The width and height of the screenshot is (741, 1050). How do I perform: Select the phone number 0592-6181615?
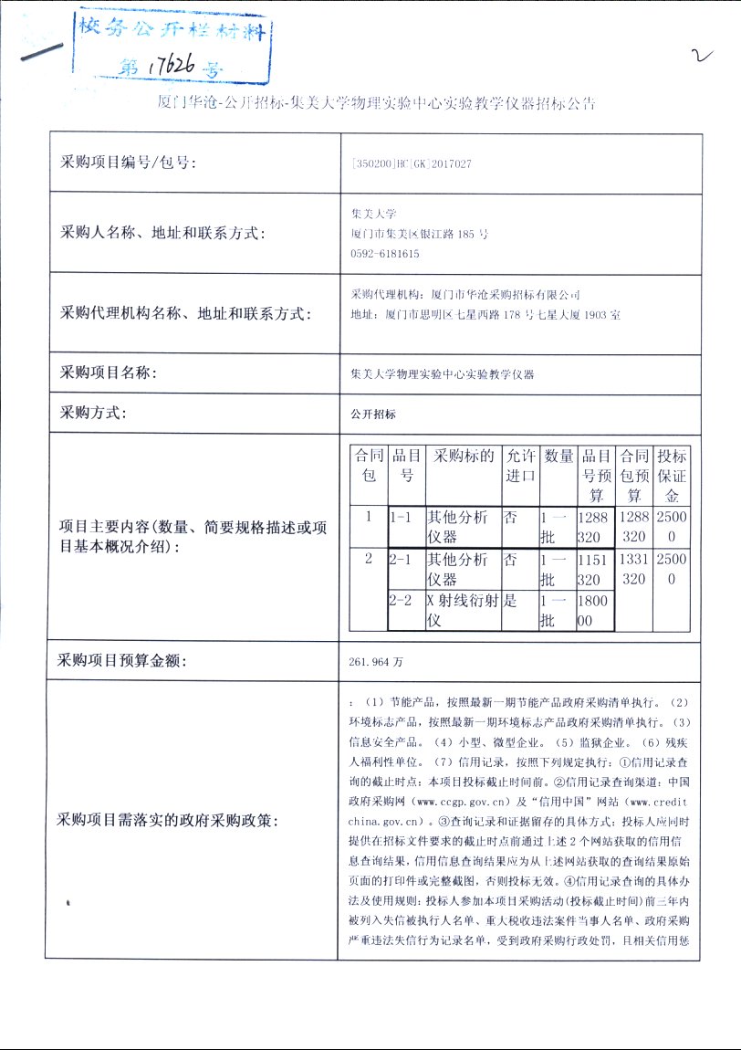tap(385, 254)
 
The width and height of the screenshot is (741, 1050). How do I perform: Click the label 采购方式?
tap(94, 413)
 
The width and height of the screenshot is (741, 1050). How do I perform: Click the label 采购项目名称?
tap(109, 373)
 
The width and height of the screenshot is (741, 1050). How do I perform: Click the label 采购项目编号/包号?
tap(128, 163)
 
